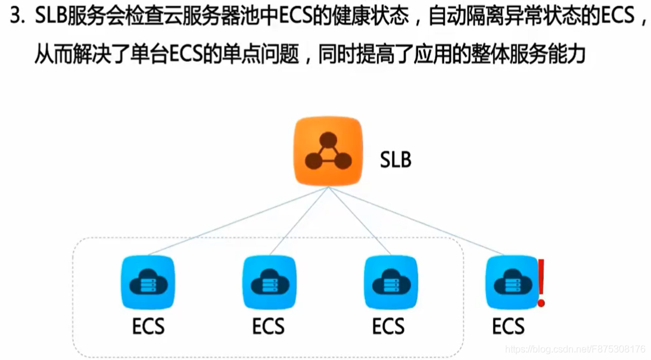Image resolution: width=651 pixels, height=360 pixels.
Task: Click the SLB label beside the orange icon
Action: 395,160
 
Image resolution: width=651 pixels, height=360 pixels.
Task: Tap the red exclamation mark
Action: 541,283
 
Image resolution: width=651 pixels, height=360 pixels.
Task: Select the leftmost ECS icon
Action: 147,283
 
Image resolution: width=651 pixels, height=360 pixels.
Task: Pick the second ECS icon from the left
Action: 269,283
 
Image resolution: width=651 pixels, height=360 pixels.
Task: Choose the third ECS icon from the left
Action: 390,283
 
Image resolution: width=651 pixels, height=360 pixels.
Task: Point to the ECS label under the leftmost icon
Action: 148,327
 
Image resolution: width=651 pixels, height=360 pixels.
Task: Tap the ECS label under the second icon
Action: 268,327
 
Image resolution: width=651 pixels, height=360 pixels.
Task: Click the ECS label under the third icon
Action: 388,327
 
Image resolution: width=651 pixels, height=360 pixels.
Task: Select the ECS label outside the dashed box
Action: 509,327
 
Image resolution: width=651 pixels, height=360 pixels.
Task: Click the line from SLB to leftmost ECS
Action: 238,221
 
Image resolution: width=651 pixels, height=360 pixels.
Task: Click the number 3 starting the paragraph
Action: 15,16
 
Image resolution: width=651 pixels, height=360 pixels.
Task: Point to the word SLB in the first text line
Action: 52,16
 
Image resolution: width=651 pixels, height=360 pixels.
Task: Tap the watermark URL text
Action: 575,349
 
